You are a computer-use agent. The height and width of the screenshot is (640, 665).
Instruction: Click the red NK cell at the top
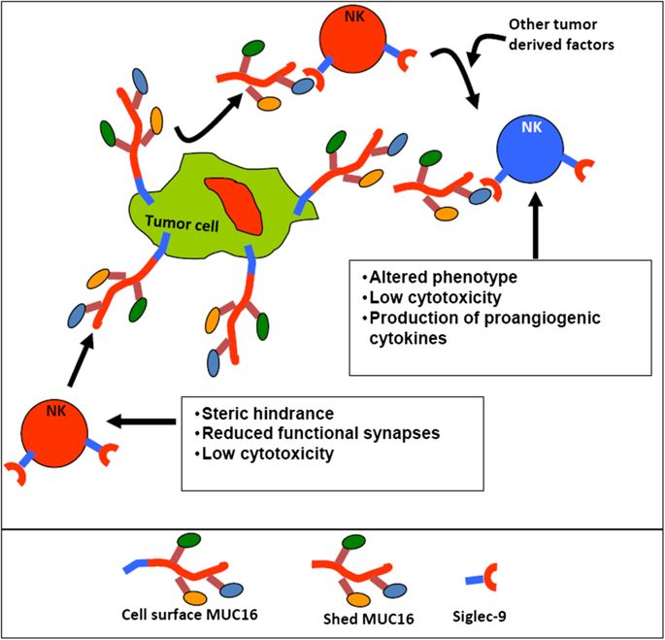348,40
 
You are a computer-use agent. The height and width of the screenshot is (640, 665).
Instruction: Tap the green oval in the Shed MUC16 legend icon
352,541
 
